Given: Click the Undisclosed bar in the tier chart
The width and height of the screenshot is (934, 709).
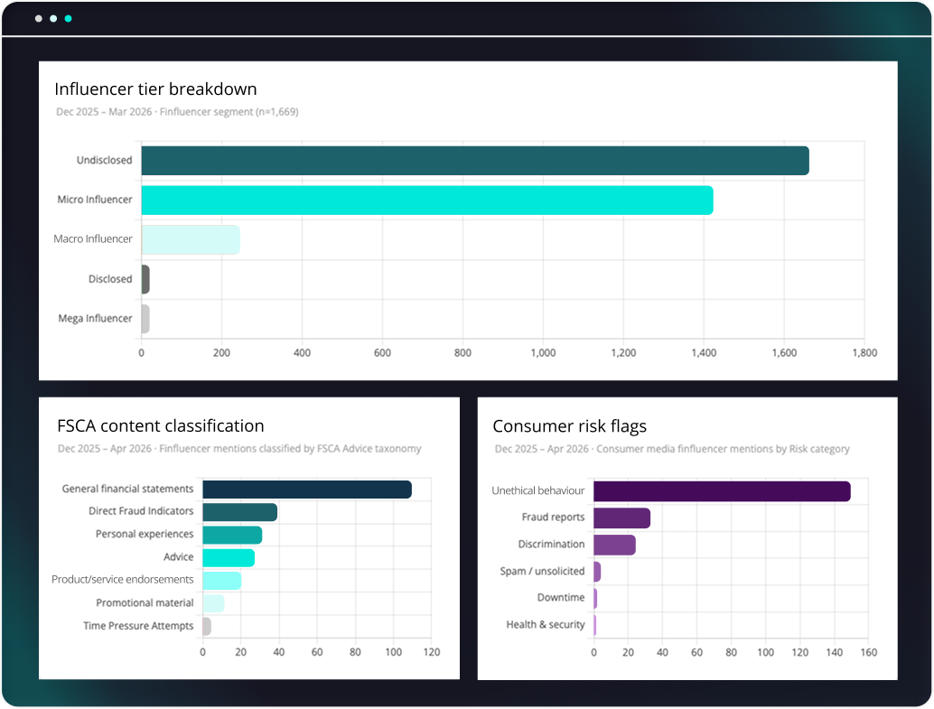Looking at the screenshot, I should [x=474, y=161].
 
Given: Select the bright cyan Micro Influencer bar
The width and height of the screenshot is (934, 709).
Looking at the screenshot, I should [x=426, y=201].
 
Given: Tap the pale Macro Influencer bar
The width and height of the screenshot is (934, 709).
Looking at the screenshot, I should [x=190, y=240].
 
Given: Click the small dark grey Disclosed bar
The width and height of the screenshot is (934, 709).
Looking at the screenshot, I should [x=145, y=280].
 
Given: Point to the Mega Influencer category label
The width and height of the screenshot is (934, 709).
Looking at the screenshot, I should [x=95, y=319].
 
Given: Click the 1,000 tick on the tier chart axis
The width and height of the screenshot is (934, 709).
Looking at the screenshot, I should [x=543, y=353].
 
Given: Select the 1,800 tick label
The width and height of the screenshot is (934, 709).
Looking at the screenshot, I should [x=864, y=353].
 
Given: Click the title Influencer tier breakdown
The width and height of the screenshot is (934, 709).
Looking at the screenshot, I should [x=155, y=89].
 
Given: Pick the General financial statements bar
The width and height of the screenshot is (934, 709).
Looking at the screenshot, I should [x=306, y=490].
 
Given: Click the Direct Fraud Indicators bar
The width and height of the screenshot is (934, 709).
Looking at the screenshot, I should [x=239, y=512].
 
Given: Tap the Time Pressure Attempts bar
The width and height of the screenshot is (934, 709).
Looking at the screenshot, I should [x=207, y=626].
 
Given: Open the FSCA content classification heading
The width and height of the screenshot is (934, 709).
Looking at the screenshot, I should [x=160, y=426].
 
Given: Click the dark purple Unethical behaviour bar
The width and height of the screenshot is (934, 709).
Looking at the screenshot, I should [x=721, y=491].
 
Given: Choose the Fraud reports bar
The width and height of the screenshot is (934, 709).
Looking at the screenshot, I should [x=621, y=518].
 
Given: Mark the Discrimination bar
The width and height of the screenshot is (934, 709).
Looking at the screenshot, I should [x=614, y=545].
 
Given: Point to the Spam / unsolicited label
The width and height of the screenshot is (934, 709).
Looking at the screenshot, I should [x=542, y=572].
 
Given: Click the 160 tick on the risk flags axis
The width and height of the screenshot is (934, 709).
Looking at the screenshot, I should [x=868, y=652].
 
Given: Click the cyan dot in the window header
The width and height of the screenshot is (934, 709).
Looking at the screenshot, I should [x=68, y=18].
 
